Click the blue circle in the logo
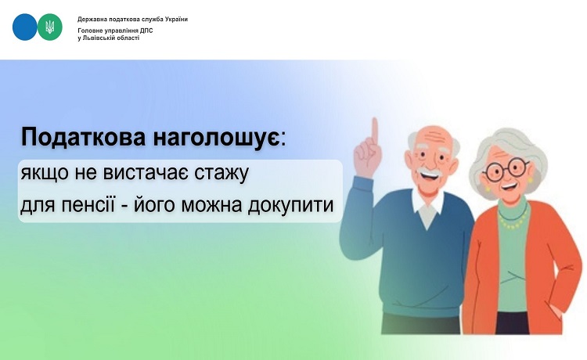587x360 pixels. (x=25, y=27)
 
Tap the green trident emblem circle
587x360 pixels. (x=50, y=27)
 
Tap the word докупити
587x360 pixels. (x=290, y=205)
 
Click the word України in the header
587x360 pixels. (x=176, y=19)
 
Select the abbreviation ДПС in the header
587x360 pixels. (x=146, y=31)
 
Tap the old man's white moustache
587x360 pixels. (x=430, y=172)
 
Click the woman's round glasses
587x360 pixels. (x=506, y=170)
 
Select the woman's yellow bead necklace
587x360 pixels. (x=513, y=220)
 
